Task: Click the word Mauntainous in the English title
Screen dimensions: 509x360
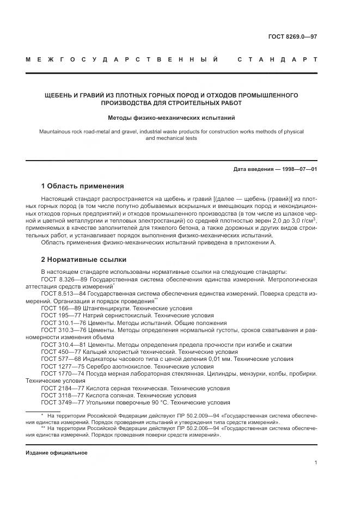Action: point(56,132)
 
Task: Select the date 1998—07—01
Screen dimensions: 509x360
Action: point(298,169)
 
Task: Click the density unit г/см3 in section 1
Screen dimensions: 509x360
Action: point(307,221)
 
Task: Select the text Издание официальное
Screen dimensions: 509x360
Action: point(56,453)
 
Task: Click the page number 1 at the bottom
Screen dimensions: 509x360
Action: point(315,463)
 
